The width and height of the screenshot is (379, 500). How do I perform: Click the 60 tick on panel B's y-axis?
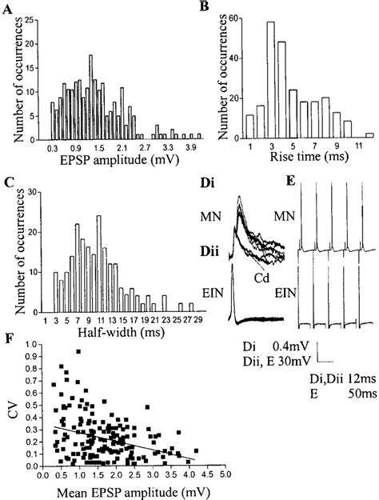pos(230,16)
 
